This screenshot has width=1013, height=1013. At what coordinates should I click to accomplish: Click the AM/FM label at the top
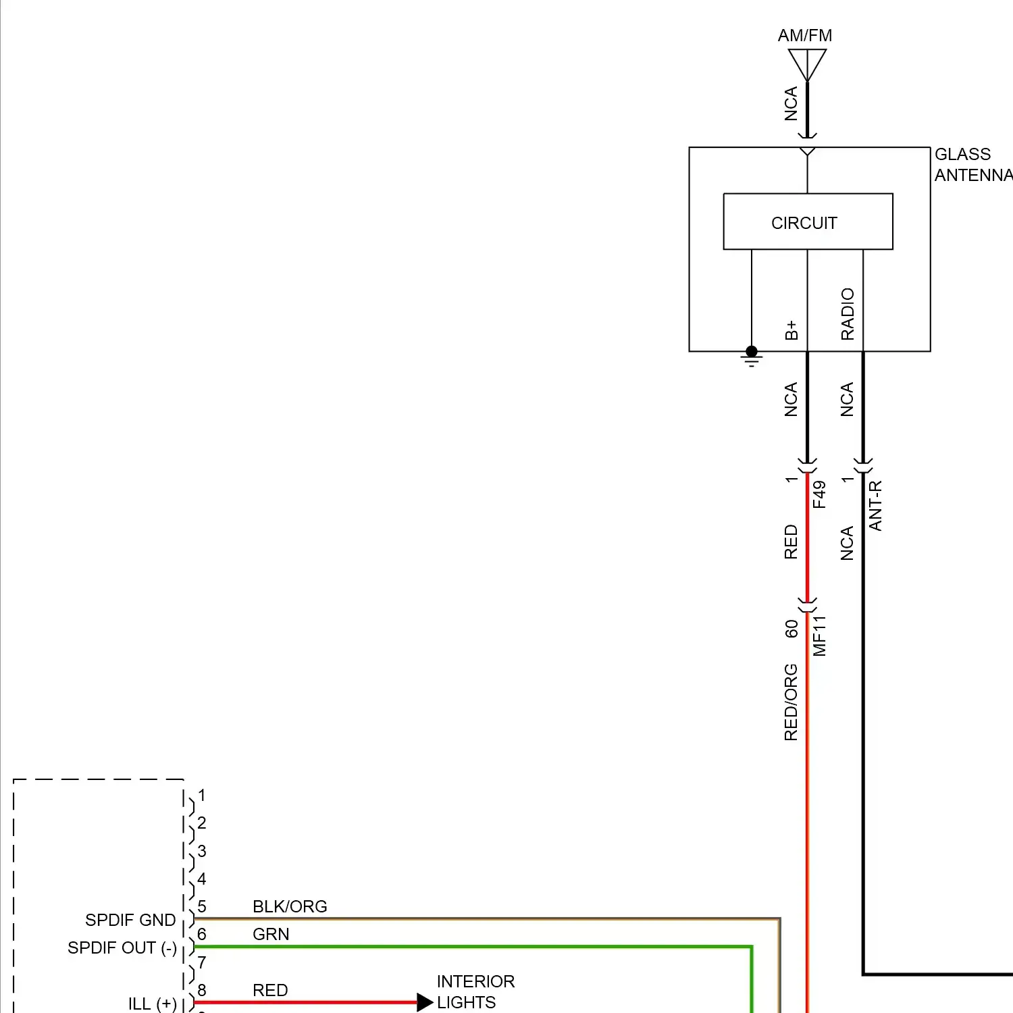coord(804,36)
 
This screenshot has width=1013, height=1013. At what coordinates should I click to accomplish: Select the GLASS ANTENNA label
coord(972,165)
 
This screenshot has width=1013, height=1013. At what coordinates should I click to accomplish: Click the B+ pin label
coord(791,330)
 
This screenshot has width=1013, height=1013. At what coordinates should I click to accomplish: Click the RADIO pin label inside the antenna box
coord(848,314)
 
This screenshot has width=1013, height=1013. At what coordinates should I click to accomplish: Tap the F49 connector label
coord(819,494)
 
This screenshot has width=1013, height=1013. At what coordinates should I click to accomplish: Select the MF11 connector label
coord(819,636)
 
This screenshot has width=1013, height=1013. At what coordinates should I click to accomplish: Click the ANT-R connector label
coord(875,506)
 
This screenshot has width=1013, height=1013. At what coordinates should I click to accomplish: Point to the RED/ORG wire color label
coord(791,702)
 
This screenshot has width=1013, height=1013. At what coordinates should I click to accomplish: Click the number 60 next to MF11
coord(791,629)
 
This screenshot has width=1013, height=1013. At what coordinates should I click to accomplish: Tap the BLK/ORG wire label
coord(290,906)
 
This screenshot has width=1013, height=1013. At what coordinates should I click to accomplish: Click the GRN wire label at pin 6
coord(271,934)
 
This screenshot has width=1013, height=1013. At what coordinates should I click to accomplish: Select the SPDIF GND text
coord(130,920)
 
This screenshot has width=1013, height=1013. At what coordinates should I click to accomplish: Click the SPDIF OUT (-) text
coord(122,948)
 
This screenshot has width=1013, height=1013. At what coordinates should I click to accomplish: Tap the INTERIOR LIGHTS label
coord(475,991)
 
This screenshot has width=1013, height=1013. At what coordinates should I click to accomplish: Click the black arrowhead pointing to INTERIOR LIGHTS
coord(425,1002)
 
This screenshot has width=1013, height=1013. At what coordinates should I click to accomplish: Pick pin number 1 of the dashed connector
coord(201,796)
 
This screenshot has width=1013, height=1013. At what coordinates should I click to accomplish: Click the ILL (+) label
coord(153,1004)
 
